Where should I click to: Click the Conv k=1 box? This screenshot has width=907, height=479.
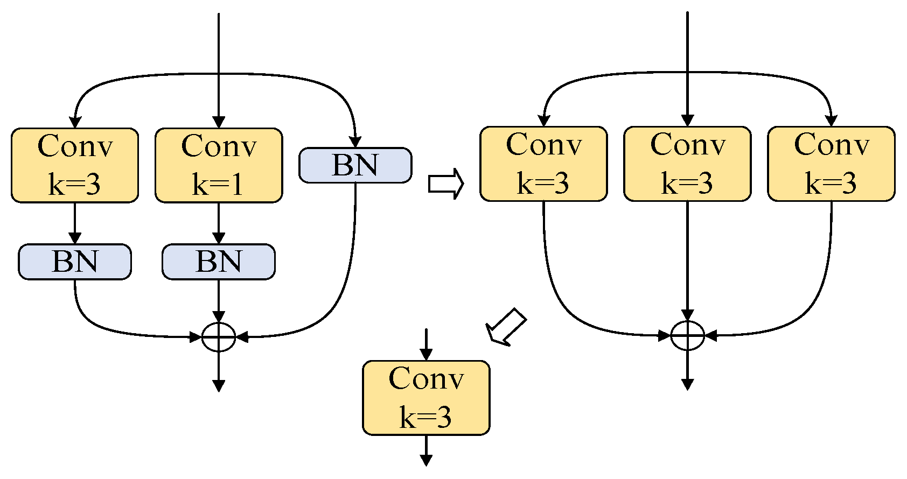(x=219, y=165)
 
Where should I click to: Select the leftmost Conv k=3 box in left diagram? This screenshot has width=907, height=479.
(x=75, y=165)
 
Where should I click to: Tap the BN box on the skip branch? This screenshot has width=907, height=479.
(x=355, y=165)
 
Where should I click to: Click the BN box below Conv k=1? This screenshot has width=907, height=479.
(x=219, y=262)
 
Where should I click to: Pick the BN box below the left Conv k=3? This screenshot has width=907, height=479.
(x=75, y=262)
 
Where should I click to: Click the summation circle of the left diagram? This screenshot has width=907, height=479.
(x=219, y=337)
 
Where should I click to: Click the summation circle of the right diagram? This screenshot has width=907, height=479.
(x=687, y=335)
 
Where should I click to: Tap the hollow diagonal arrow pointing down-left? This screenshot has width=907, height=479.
(x=505, y=327)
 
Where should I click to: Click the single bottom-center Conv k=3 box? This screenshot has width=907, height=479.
(x=426, y=398)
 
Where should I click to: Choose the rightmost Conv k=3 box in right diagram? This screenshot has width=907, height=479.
(x=831, y=164)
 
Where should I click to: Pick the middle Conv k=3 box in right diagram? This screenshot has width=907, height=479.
(x=687, y=164)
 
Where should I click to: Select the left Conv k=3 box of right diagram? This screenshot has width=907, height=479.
(x=543, y=164)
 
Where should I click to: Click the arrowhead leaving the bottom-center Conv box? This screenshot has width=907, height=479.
(x=426, y=460)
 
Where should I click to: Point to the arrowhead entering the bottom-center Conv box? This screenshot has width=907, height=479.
(x=426, y=355)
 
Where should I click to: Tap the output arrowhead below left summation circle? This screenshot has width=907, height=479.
(x=219, y=385)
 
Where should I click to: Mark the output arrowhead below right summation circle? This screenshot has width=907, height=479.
(x=687, y=384)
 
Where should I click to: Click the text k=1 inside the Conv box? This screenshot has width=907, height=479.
(x=218, y=185)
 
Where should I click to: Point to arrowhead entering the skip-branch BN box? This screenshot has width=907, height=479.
(x=355, y=142)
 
